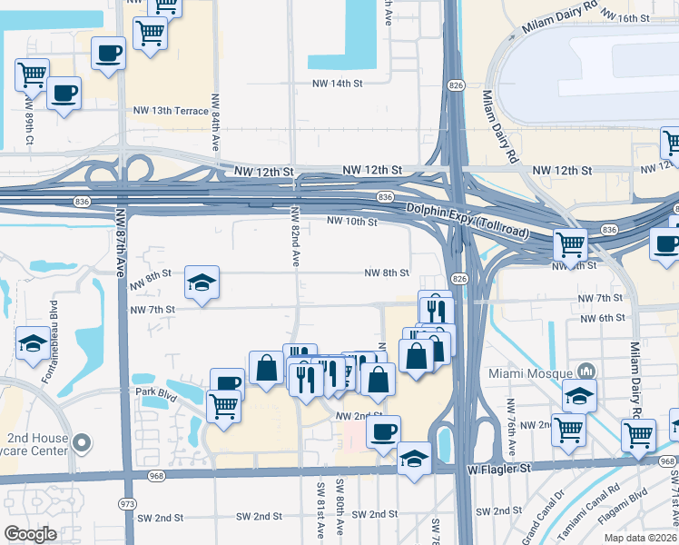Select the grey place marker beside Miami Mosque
(586, 371)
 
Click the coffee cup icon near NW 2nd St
(384, 431)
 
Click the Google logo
(30, 534)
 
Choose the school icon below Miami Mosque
(579, 395)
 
